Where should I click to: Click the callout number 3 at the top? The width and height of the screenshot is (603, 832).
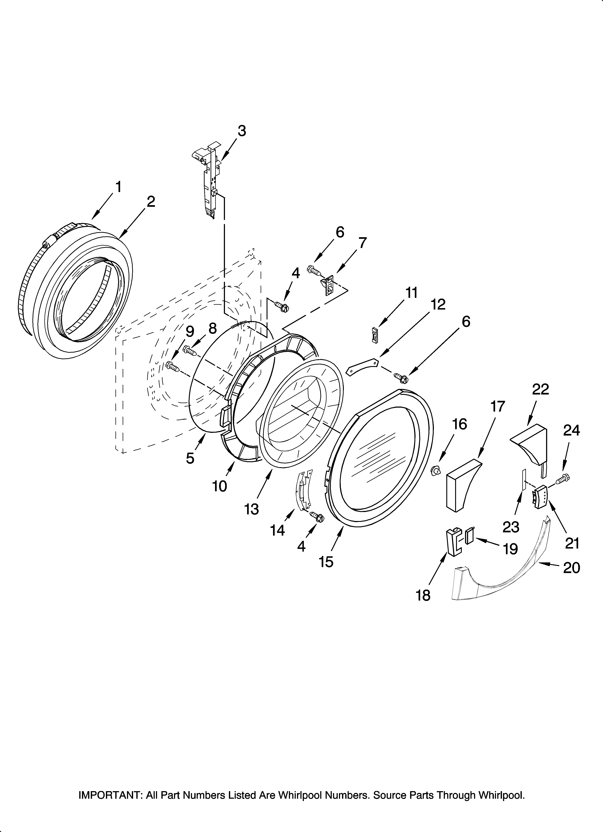241,131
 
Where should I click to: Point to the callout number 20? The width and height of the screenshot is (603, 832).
571,567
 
